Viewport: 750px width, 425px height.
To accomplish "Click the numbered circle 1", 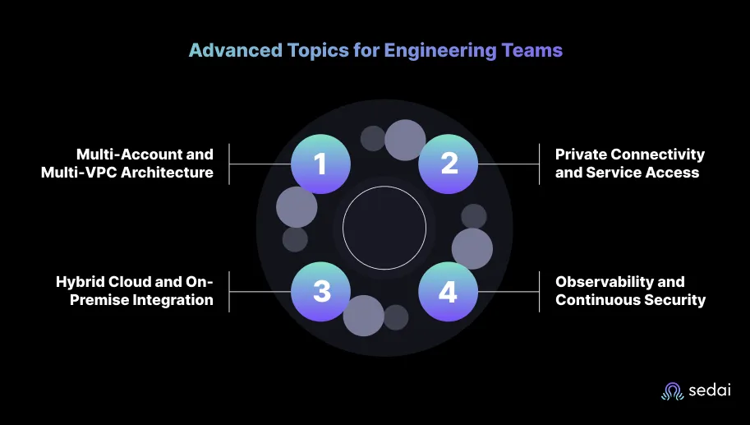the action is [x=320, y=164].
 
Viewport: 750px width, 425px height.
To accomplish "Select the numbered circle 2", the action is [x=449, y=164].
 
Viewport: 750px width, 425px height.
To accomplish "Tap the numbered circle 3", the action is [x=320, y=292].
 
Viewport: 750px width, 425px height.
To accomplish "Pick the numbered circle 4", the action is [x=449, y=292].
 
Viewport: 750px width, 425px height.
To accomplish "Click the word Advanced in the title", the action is [x=235, y=50].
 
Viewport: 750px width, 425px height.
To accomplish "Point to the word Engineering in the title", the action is [x=439, y=51].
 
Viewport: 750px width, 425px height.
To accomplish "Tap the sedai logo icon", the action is [x=673, y=391].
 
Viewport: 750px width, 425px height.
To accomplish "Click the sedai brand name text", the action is [x=710, y=390].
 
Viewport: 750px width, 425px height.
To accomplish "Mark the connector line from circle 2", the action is [x=508, y=164].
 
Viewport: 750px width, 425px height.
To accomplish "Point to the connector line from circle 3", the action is [x=260, y=292].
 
